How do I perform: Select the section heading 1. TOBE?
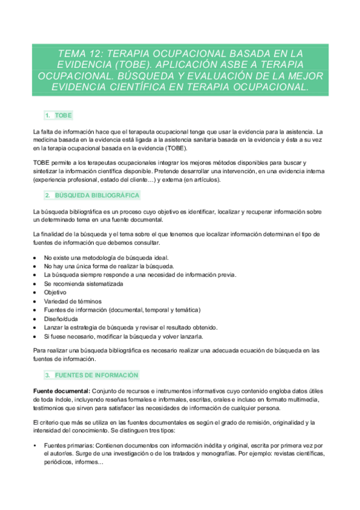(x=58, y=115)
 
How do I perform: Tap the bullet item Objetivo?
(x=56, y=292)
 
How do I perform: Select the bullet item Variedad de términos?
(x=72, y=301)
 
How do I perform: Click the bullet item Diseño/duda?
(x=61, y=319)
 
